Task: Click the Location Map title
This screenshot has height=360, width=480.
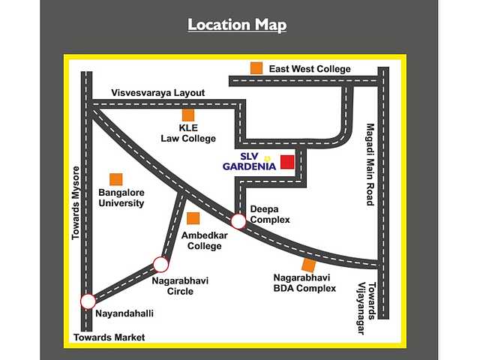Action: click(237, 25)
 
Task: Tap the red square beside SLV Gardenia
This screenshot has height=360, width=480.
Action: click(287, 162)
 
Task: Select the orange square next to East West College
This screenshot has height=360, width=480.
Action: click(256, 68)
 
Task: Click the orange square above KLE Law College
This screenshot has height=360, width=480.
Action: click(187, 115)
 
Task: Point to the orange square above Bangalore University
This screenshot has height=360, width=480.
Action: click(116, 179)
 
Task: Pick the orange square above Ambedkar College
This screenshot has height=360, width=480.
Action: click(193, 218)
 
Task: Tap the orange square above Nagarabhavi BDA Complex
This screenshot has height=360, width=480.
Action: click(308, 265)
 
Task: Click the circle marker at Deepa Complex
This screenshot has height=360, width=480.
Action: click(238, 221)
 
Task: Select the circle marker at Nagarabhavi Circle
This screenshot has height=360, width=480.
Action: click(160, 264)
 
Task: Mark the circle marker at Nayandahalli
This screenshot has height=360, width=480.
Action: click(88, 301)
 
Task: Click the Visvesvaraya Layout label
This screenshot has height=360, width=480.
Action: click(158, 93)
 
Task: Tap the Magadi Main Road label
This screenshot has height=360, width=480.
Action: click(369, 164)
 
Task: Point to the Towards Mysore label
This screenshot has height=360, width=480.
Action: click(76, 202)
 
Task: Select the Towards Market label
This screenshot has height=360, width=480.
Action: click(109, 337)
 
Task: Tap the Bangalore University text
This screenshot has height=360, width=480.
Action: click(121, 198)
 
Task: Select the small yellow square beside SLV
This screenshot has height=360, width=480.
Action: click(267, 158)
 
